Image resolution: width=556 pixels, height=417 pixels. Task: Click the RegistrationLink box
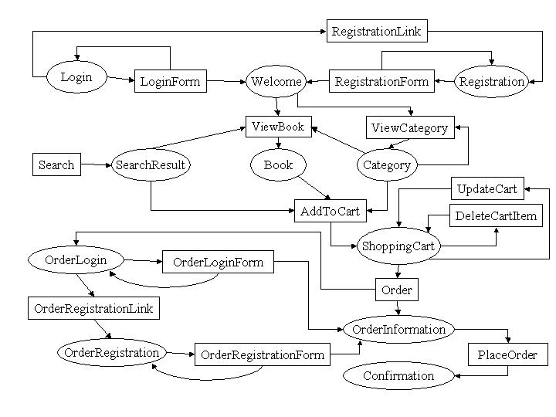pos(377,31)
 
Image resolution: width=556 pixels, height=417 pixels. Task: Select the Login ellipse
pos(76,77)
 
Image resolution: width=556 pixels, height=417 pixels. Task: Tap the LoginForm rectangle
pos(171,81)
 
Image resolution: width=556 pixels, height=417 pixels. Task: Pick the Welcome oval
pos(276,81)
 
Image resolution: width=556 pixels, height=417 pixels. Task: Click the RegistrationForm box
pos(381,81)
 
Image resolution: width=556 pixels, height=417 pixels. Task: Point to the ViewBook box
pos(279,127)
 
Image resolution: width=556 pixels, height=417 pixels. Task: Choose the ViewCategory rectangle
pos(410,127)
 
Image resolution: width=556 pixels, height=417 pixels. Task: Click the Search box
pos(56,164)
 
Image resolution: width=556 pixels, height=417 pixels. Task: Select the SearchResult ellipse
pos(151,164)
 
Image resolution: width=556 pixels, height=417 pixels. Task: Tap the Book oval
pos(278,164)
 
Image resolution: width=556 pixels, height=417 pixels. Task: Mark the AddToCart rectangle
pos(331,211)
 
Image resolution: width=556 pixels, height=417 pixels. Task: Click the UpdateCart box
pos(487,188)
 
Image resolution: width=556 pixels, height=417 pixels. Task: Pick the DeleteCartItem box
pos(496,215)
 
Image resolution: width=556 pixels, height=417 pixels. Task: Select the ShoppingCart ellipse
pos(398,246)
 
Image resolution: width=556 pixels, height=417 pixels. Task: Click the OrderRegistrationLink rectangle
pos(94,308)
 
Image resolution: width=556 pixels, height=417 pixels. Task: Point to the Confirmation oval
pos(398,375)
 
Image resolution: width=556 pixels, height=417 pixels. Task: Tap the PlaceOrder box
pos(508,354)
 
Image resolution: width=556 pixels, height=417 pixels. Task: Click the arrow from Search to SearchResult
pos(96,164)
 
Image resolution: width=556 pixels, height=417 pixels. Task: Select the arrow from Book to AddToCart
pos(314,188)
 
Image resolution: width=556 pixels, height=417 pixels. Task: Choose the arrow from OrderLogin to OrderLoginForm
pos(143,261)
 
